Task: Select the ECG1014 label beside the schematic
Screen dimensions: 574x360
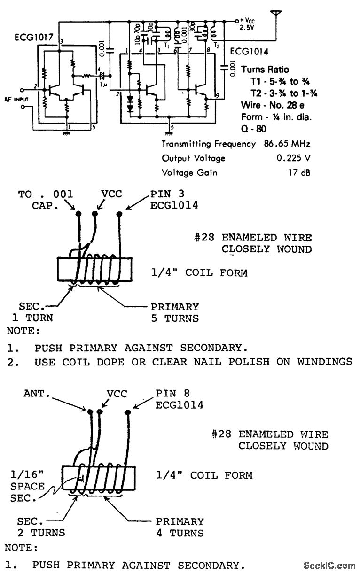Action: (249, 52)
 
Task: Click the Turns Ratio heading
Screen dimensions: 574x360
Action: (265, 70)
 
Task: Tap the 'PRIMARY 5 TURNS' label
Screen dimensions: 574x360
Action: (174, 312)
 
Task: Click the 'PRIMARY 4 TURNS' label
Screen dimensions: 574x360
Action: (180, 527)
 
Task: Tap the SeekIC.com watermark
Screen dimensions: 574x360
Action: (329, 566)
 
